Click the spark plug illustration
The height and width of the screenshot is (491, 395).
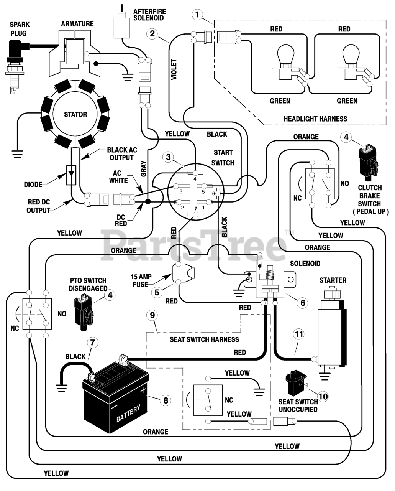pos(15,66)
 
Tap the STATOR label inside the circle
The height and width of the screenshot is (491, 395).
pos(75,114)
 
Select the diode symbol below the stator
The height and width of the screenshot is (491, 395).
pos(71,175)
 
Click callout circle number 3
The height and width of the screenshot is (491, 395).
pos(168,157)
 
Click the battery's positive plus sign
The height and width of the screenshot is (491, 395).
pos(143,390)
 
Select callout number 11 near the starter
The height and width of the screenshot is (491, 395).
pos(299,334)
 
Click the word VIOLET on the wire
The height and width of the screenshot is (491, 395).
pos(174,69)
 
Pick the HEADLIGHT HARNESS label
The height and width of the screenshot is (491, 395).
pos(315,119)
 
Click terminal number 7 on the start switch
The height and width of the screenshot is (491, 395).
pos(195,214)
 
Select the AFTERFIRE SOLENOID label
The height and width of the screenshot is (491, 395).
pos(149,15)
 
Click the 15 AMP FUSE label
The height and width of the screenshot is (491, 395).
pos(141,281)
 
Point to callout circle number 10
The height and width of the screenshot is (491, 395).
pos(323,397)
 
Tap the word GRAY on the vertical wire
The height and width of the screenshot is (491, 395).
pos(144,169)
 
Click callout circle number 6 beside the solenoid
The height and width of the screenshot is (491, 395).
pos(303,303)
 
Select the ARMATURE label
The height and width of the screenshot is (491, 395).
pos(77,24)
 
